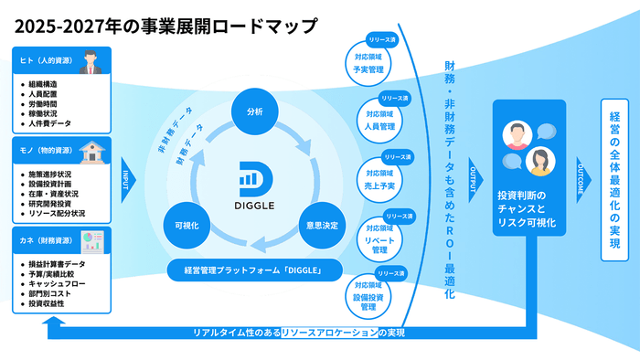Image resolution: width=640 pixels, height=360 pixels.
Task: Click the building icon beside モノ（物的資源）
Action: pos(91,150)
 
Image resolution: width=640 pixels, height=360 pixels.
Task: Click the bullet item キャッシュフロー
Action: pos(56,283)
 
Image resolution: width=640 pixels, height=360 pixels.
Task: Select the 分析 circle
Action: pos(254,111)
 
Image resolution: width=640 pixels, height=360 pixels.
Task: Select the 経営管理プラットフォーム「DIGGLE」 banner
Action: pos(255,270)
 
